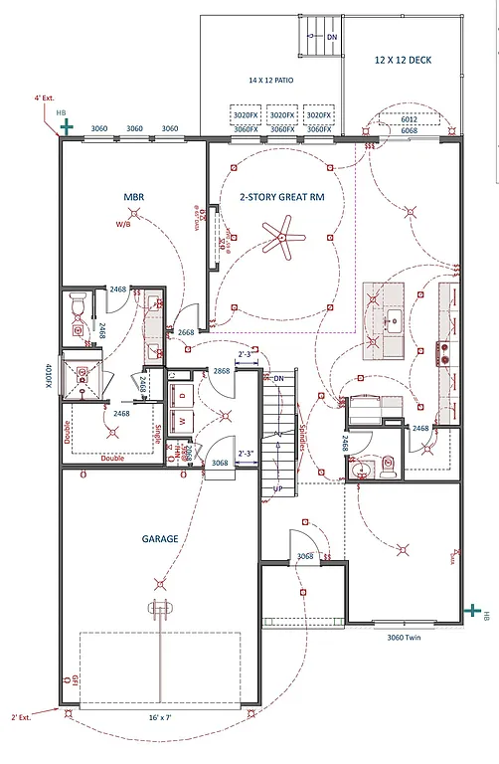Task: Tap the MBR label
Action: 134,197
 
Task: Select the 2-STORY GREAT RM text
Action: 281,197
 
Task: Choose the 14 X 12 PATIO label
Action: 270,80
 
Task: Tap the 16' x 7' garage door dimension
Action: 159,715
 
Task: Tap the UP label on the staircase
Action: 279,490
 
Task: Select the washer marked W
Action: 182,421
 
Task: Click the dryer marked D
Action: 182,394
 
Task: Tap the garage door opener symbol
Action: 157,608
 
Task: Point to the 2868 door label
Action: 223,371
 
